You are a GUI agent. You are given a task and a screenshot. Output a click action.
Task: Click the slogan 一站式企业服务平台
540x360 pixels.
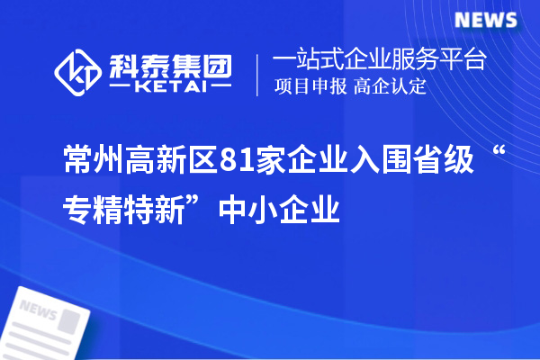(x=379, y=60)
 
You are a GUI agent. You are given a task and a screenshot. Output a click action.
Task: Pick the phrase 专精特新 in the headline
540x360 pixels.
(x=127, y=211)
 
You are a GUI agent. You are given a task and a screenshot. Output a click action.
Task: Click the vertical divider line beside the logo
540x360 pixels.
(x=259, y=74)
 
